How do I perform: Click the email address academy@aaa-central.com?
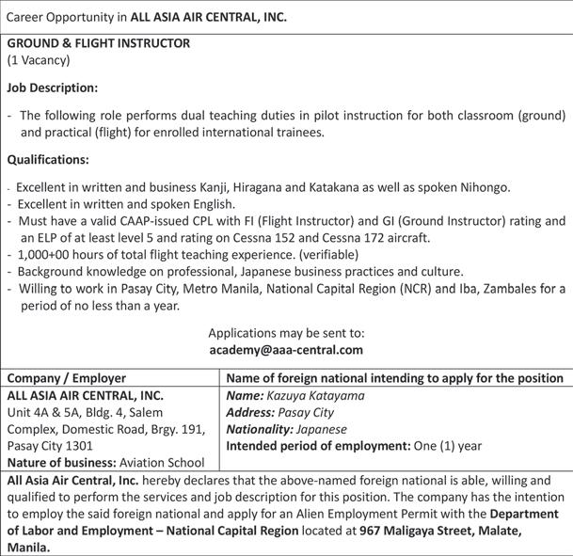[x=286, y=350]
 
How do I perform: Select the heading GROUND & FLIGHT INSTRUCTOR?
[x=99, y=43]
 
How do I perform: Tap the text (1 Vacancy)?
[x=39, y=60]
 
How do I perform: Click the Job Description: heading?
[x=53, y=87]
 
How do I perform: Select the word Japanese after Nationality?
[x=330, y=429]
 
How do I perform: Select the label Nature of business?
[x=61, y=463]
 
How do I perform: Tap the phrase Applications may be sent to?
[x=286, y=333]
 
